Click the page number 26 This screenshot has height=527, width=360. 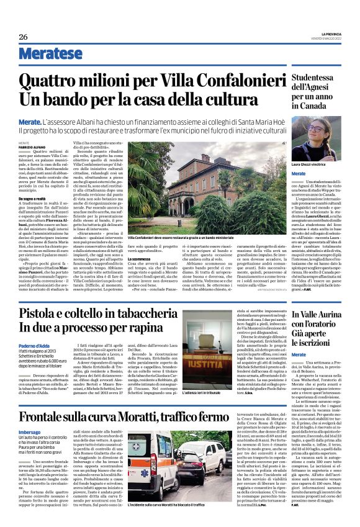tap(24, 36)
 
